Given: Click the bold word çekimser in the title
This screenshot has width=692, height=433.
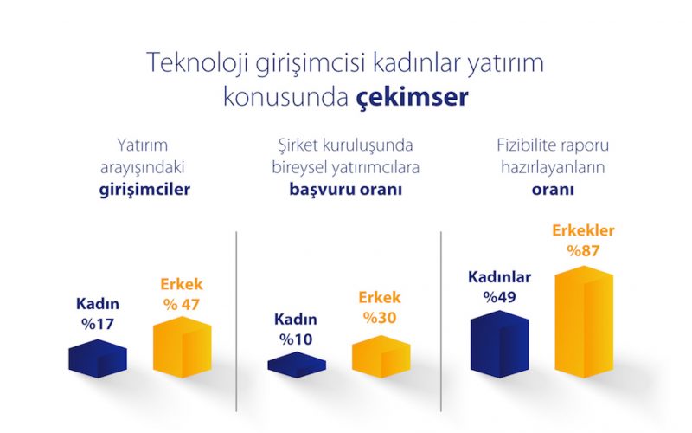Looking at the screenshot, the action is [x=413, y=96].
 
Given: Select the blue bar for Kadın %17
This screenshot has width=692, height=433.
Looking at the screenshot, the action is [x=98, y=359].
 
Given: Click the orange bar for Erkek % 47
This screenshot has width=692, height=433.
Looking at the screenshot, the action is [x=183, y=347].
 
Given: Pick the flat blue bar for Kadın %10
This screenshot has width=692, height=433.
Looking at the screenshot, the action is [x=297, y=365].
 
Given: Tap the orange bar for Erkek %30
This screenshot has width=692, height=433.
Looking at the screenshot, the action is [x=381, y=357].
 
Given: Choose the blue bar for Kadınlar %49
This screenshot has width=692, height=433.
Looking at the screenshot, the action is [x=500, y=344].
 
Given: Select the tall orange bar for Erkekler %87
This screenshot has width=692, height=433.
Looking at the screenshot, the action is [x=584, y=321].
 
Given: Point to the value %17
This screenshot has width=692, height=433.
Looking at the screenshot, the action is [x=98, y=324].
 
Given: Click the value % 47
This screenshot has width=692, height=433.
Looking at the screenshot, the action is [x=182, y=305].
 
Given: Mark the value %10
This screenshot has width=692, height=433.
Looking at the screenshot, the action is [x=296, y=339].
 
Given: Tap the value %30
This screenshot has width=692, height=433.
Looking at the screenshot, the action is [x=380, y=318].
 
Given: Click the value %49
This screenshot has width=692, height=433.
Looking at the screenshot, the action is [x=500, y=297].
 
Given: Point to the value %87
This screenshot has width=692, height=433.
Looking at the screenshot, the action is [x=583, y=251].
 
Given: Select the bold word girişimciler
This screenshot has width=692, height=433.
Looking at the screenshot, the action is [x=144, y=190].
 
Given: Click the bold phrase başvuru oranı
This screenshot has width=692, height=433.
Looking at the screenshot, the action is [x=345, y=190].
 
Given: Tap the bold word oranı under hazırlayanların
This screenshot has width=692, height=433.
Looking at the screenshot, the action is [x=553, y=190].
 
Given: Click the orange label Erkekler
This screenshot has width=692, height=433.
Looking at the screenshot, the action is [x=583, y=230].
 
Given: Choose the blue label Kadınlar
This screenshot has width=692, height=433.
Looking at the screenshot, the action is [x=500, y=277].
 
